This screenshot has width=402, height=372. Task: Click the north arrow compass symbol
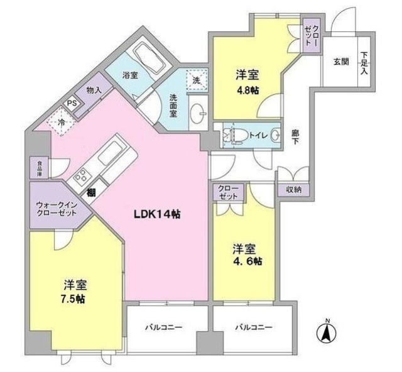point(327,331)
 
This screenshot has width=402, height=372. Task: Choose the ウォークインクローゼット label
point(56,208)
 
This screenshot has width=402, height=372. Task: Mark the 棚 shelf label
point(92,192)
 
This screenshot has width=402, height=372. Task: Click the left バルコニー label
point(164,327)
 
